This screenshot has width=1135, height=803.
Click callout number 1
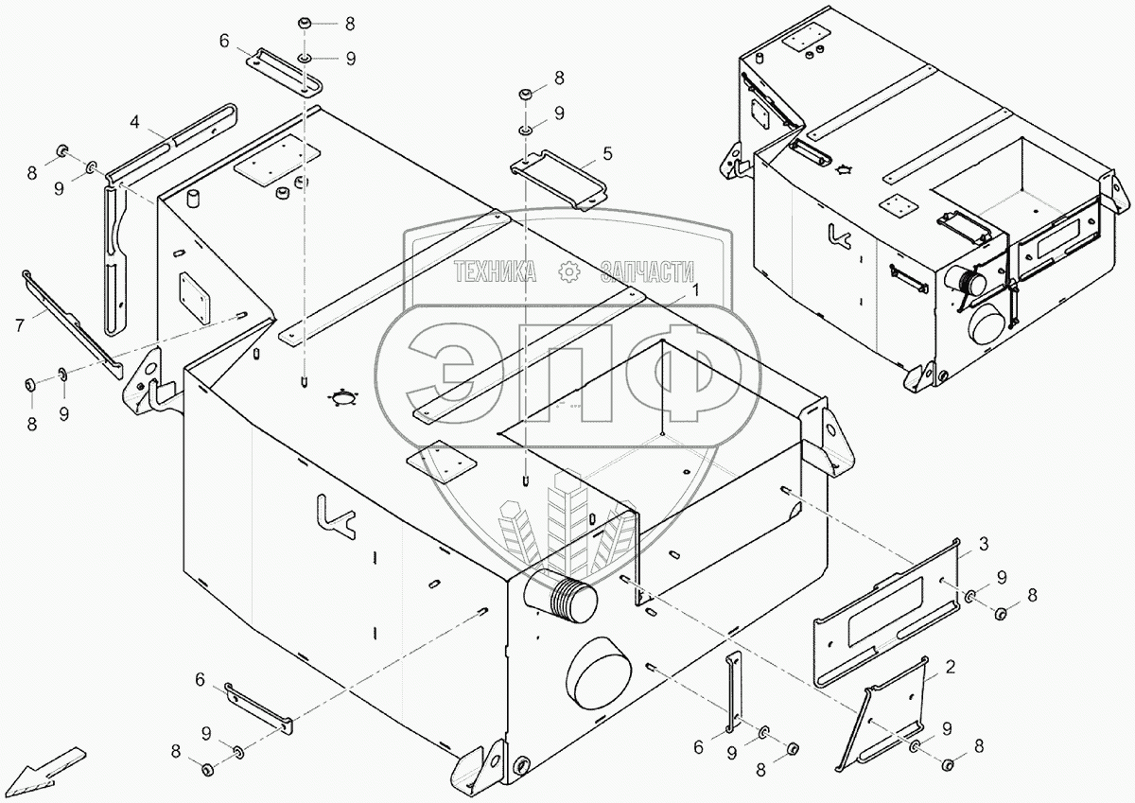[x=696, y=291]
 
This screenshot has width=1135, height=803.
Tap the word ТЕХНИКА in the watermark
[x=496, y=272]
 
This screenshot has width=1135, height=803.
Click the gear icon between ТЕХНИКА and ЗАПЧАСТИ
[x=569, y=272]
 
